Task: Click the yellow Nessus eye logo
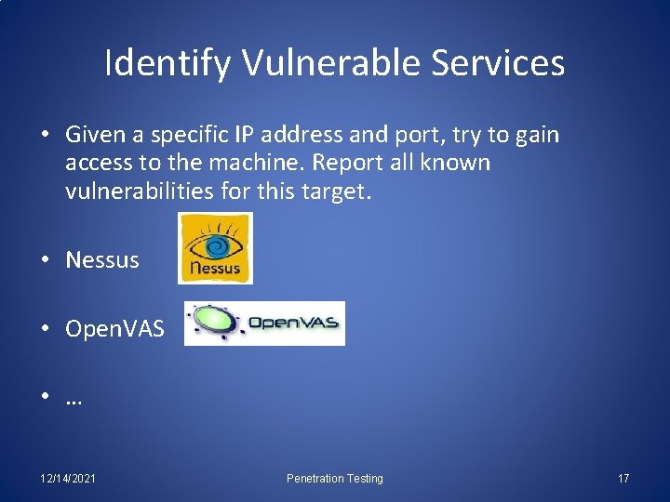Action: coord(215,247)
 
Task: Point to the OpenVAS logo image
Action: coord(264,324)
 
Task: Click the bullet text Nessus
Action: coord(102,260)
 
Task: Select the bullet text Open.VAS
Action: coord(114,329)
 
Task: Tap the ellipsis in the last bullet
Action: coord(74,400)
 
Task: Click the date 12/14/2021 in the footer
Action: coord(69,479)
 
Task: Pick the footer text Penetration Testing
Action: coord(334,479)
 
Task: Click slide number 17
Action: coord(623,479)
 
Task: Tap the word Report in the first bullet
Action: coord(346,164)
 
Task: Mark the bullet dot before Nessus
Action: coord(46,260)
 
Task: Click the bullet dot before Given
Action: coord(46,136)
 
